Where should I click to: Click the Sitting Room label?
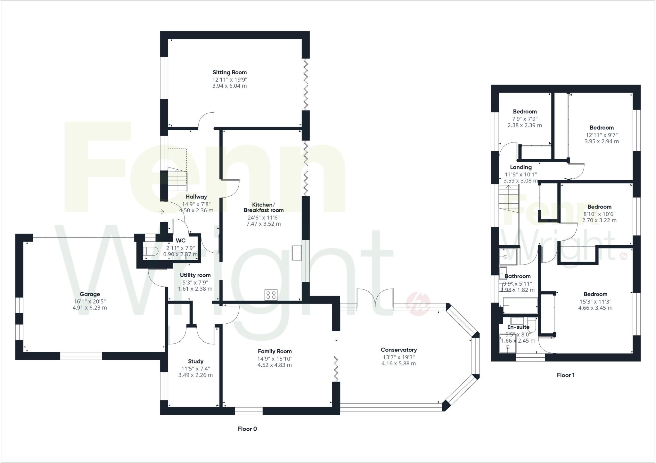click(230, 72)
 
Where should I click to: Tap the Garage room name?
click(90, 294)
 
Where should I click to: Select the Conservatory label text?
click(398, 350)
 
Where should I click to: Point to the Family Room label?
click(275, 351)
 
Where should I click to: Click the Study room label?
click(195, 361)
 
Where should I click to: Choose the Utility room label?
click(195, 275)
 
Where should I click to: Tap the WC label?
click(180, 241)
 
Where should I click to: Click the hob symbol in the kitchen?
click(271, 295)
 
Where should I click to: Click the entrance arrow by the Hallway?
click(161, 212)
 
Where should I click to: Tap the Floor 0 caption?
click(247, 429)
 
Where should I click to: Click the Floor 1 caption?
click(566, 375)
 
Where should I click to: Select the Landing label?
click(521, 167)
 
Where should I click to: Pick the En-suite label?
click(518, 327)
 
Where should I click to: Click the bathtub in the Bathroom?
click(520, 306)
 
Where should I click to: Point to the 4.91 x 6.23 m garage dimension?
click(90, 308)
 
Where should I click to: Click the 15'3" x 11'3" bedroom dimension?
click(595, 301)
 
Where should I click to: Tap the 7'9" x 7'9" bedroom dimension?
click(525, 118)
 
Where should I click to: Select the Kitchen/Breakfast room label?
click(263, 207)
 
